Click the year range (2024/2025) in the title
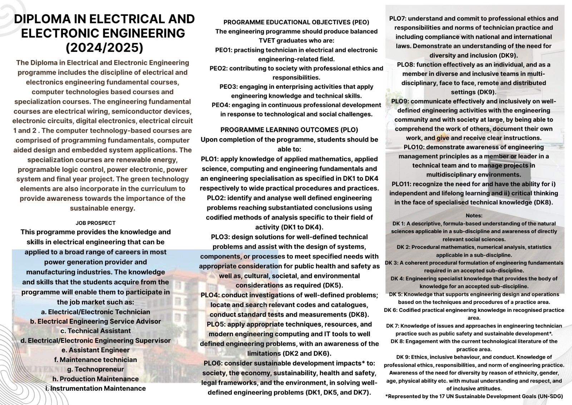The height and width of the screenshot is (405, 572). (x=104, y=47)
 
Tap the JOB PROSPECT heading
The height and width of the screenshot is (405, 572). (x=95, y=223)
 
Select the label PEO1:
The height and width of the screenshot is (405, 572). (x=224, y=50)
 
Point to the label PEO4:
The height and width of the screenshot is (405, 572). (x=221, y=105)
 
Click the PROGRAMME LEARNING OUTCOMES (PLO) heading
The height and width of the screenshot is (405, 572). (x=289, y=130)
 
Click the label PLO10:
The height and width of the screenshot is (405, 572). (x=414, y=147)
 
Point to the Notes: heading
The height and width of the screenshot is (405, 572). (x=474, y=216)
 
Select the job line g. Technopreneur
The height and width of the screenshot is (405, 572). (x=95, y=369)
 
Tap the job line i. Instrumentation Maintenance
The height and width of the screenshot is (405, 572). (x=95, y=389)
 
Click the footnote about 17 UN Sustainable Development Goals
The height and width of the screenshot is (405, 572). (x=474, y=396)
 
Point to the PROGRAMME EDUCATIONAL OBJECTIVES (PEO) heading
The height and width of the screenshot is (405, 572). (x=296, y=22)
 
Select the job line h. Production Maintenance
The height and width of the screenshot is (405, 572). (x=95, y=379)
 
